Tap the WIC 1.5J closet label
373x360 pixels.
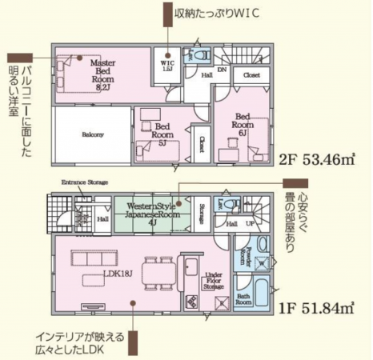pos(168,66)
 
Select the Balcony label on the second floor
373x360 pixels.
pos(92,134)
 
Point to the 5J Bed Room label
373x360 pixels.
pos(166,134)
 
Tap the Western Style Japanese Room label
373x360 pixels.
pos(153,211)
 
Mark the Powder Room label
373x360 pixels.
pos(243,255)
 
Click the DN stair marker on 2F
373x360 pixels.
pos(222,70)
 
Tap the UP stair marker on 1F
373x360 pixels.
pos(250,224)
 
